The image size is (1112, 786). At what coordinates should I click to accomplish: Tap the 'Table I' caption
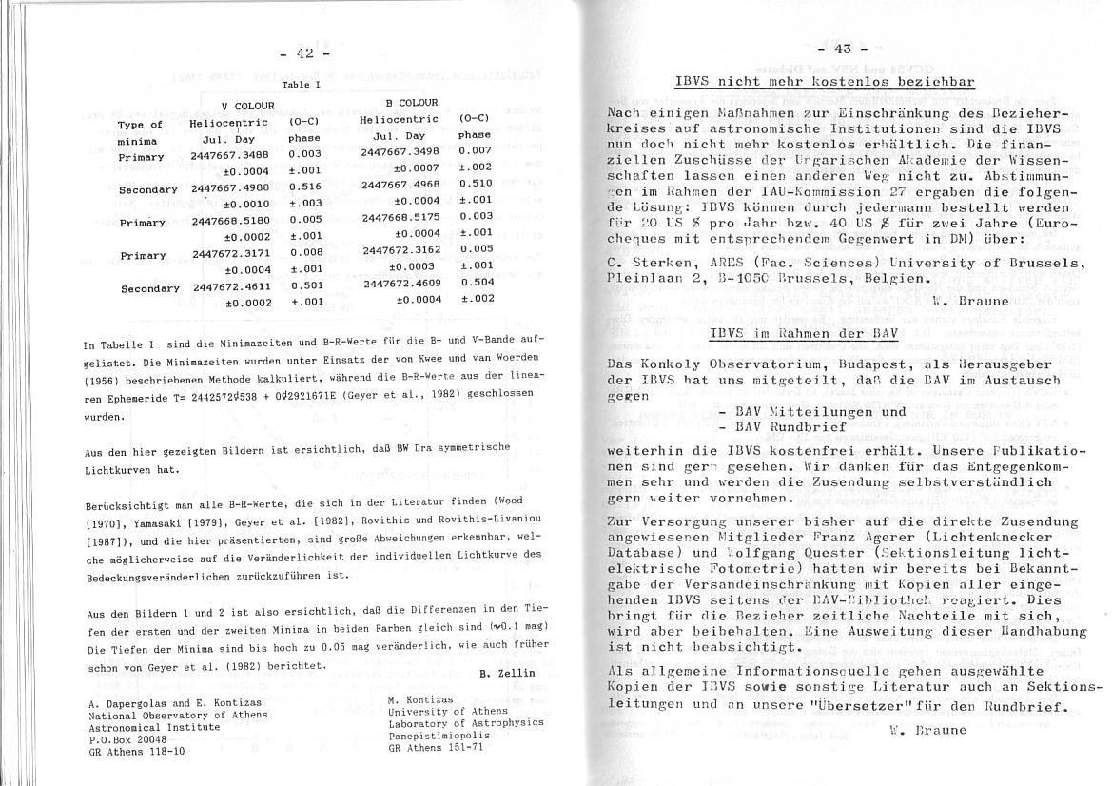point(302,85)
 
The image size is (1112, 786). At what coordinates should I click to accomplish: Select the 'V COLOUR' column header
point(247,106)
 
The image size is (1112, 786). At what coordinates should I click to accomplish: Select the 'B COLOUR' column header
point(412,102)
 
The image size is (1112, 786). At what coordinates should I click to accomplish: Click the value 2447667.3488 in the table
point(229,153)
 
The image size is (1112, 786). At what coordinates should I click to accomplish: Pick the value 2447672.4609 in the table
point(402,283)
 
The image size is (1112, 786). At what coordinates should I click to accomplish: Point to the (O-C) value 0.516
point(304,189)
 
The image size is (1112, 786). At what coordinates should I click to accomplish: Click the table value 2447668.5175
point(401,217)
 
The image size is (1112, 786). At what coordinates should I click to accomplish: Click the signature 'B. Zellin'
point(508,674)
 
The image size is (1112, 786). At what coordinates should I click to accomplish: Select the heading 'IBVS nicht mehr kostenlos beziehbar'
point(824,82)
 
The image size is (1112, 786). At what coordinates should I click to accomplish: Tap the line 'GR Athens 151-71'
point(437,747)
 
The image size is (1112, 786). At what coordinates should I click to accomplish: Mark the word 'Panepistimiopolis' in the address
point(438,735)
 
